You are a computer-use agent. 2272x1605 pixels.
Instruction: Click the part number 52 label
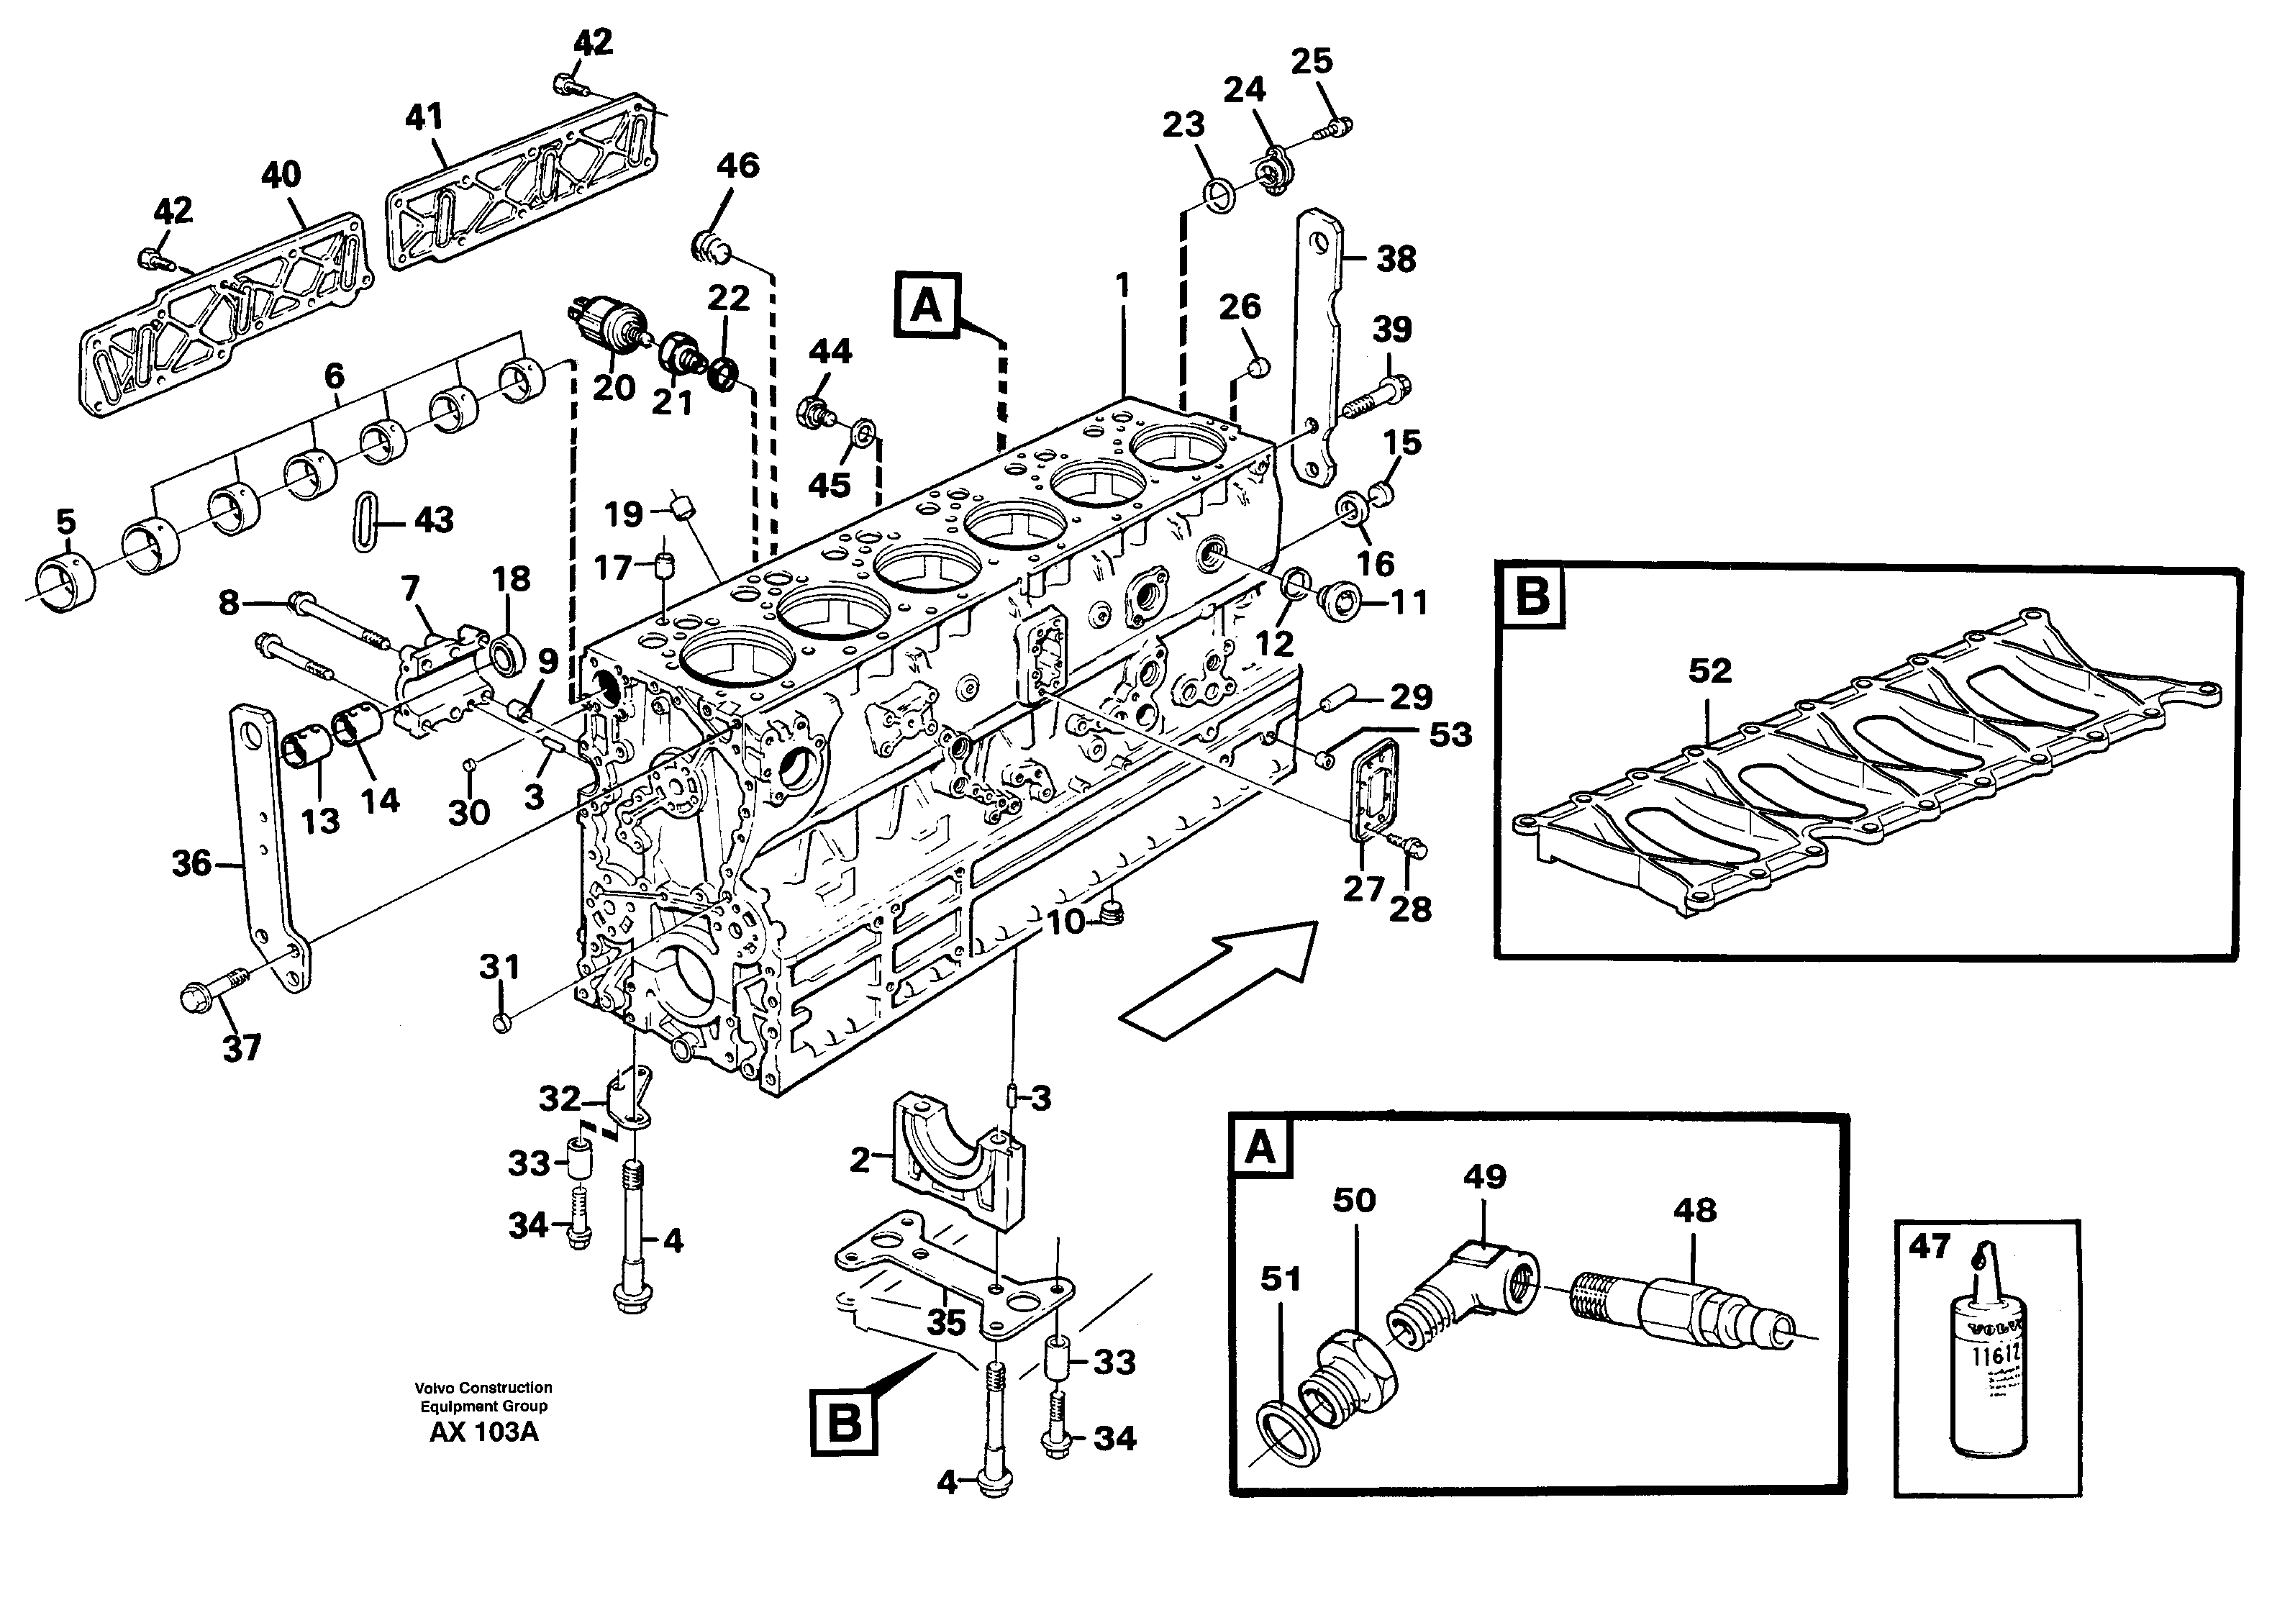pos(1709,671)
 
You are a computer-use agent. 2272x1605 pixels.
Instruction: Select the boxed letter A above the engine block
pos(926,306)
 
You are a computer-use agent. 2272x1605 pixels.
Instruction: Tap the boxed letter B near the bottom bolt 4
pos(843,1424)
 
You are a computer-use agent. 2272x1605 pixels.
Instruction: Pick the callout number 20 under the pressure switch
pos(614,388)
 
